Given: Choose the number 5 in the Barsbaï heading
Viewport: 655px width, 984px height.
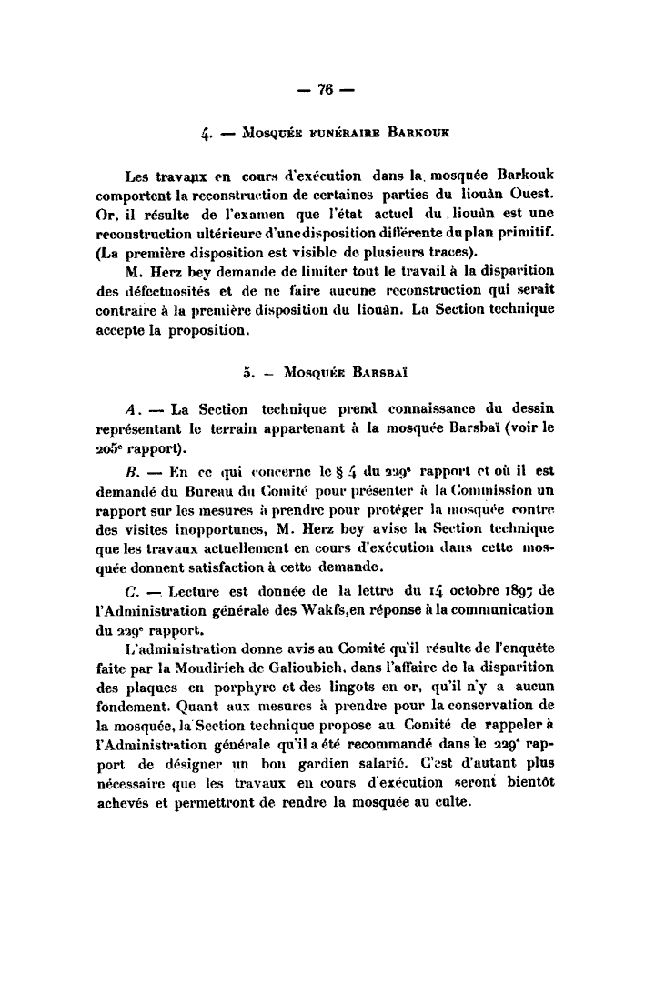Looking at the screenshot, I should [x=247, y=372].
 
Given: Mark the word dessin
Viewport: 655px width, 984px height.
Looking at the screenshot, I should [x=532, y=407].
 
